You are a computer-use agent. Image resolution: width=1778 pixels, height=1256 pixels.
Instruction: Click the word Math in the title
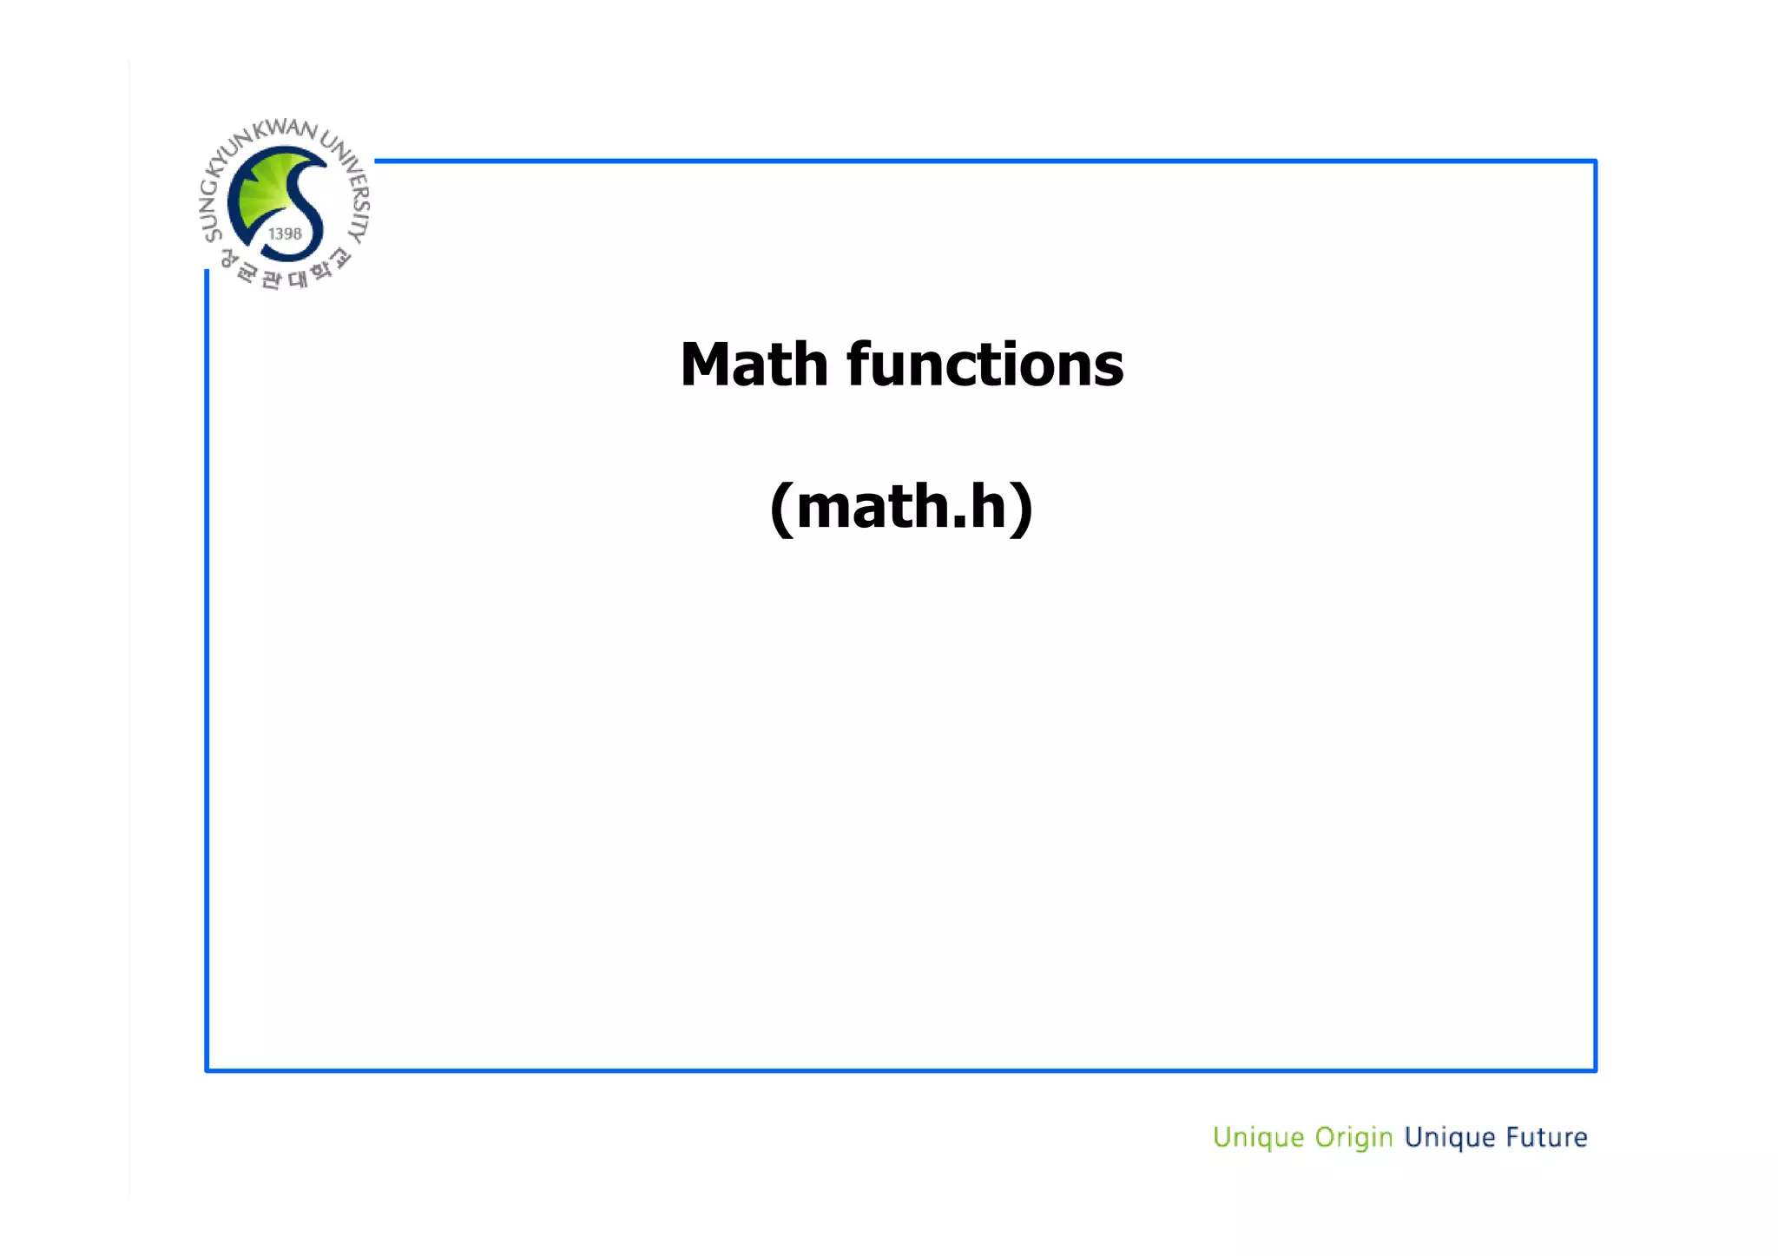[754, 365]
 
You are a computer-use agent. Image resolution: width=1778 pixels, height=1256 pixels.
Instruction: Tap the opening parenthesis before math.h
[781, 508]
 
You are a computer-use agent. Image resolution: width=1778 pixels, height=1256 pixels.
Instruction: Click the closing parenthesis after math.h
[1022, 508]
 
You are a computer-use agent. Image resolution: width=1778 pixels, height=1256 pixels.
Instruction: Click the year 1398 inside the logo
[285, 234]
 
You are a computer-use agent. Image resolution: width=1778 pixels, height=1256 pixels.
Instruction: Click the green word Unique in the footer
[1258, 1138]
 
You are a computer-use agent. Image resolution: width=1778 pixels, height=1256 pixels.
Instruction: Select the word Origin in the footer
[1353, 1138]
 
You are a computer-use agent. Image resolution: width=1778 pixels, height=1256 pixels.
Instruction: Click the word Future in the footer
[1546, 1137]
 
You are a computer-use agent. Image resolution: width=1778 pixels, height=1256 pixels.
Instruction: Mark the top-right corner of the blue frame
[1595, 161]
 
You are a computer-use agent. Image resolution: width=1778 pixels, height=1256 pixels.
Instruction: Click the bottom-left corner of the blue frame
[207, 1069]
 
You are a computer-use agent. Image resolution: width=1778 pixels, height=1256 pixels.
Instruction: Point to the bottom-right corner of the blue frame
[1595, 1069]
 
